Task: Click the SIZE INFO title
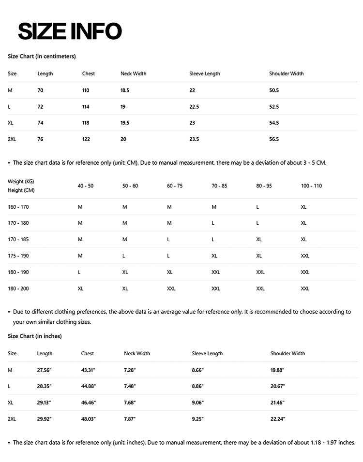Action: pyautogui.click(x=70, y=31)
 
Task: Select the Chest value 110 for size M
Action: pyautogui.click(x=86, y=90)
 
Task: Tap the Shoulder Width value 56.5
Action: pyautogui.click(x=274, y=139)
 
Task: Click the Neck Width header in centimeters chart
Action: pyautogui.click(x=133, y=73)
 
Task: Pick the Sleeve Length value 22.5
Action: pyautogui.click(x=194, y=107)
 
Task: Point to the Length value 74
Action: pyautogui.click(x=40, y=123)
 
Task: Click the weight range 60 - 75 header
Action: pyautogui.click(x=175, y=186)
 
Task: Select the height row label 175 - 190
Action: pyautogui.click(x=18, y=256)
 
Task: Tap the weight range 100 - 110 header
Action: pyautogui.click(x=311, y=186)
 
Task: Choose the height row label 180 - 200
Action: pyautogui.click(x=18, y=289)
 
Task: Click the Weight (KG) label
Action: pyautogui.click(x=21, y=181)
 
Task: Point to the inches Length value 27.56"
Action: pyautogui.click(x=45, y=370)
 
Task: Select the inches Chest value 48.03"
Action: pyautogui.click(x=88, y=419)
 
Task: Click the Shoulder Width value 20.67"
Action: pyautogui.click(x=277, y=386)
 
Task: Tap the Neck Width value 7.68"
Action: pyautogui.click(x=130, y=403)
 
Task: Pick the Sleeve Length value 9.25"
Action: pyautogui.click(x=197, y=419)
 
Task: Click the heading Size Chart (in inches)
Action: pyautogui.click(x=34, y=336)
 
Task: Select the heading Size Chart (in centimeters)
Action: pyautogui.click(x=42, y=56)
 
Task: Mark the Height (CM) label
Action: pyautogui.click(x=21, y=190)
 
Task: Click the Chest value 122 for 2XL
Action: pyautogui.click(x=86, y=139)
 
